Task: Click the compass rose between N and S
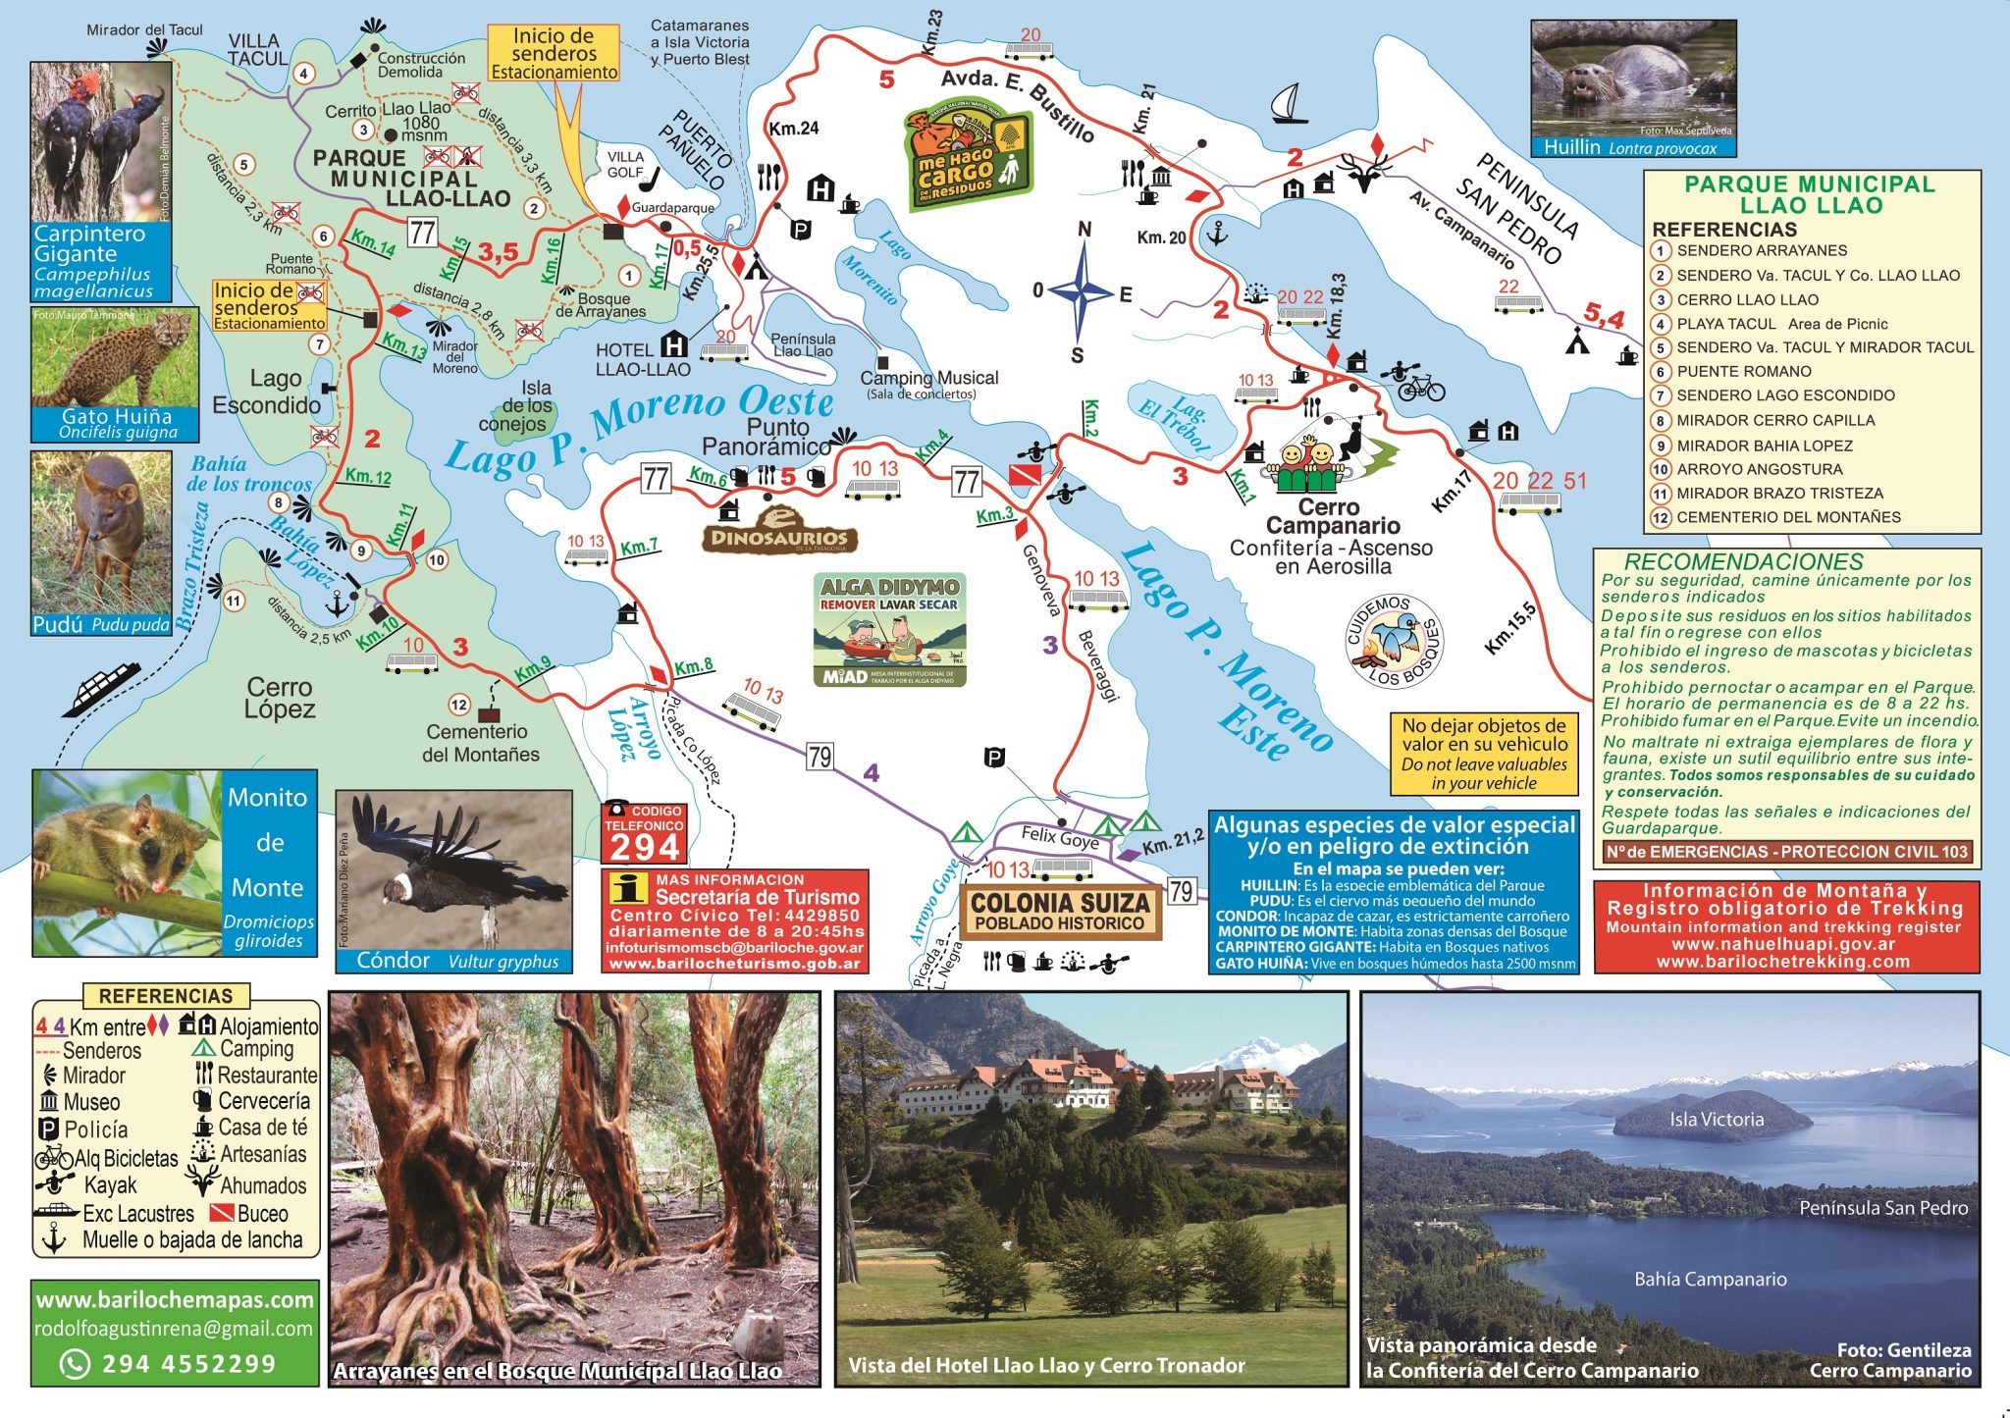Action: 1082,291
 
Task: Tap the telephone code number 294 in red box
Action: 643,846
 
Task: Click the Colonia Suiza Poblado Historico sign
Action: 1060,912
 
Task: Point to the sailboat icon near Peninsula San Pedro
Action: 1289,104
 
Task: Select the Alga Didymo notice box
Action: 889,629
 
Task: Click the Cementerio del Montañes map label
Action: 480,743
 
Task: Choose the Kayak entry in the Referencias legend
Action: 109,1185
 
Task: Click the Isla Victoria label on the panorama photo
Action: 1717,1119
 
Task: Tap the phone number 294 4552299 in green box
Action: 188,1363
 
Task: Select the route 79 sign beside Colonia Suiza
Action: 1181,891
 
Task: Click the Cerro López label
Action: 280,698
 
